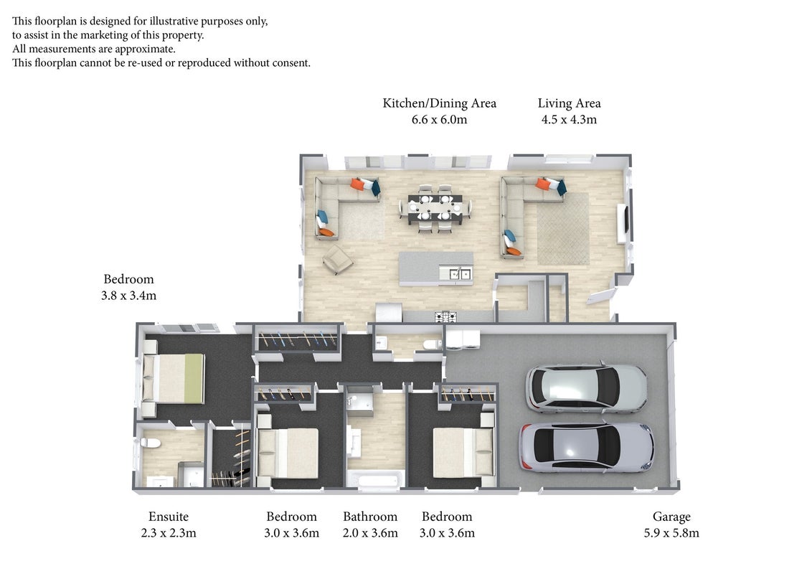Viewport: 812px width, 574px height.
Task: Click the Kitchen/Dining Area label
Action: tap(439, 103)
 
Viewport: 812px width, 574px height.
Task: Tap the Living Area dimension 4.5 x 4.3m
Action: tap(569, 120)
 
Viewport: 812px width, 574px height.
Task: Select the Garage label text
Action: tap(671, 517)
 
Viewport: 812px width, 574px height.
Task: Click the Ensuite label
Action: tap(169, 517)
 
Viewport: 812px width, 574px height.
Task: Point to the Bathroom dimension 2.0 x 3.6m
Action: tap(370, 532)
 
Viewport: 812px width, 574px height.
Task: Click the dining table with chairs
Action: tap(435, 208)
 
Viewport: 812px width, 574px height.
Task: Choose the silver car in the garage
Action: tap(586, 446)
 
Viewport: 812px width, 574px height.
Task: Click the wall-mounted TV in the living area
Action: tap(625, 219)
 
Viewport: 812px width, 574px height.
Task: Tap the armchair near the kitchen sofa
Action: tap(338, 258)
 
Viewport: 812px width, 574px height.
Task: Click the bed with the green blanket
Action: tap(174, 378)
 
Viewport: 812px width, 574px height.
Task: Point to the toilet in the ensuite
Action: tap(149, 443)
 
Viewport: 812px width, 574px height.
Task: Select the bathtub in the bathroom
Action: tap(375, 480)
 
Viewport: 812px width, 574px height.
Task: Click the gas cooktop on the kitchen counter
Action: tap(445, 316)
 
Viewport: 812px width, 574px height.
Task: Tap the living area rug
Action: tap(563, 228)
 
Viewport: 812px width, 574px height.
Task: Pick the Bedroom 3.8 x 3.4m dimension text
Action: tap(128, 296)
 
